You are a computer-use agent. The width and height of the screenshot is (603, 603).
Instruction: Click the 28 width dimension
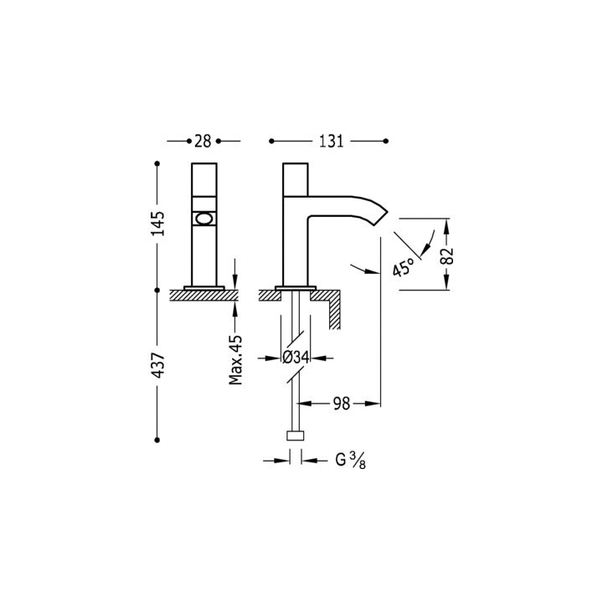click(x=203, y=142)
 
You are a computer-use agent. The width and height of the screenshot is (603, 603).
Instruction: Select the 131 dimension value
click(x=331, y=142)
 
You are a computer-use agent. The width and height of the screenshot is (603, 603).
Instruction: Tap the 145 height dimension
click(x=157, y=224)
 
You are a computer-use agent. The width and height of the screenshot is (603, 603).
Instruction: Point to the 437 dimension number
click(x=157, y=364)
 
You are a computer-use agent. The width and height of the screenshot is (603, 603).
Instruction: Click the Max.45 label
click(x=235, y=360)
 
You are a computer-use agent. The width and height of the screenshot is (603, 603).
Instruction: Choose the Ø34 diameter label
click(x=296, y=358)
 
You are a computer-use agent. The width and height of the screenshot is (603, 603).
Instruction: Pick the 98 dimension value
click(x=342, y=404)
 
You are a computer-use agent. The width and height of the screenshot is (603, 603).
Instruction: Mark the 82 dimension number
click(x=447, y=256)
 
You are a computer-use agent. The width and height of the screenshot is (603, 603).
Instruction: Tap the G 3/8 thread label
click(x=351, y=461)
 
